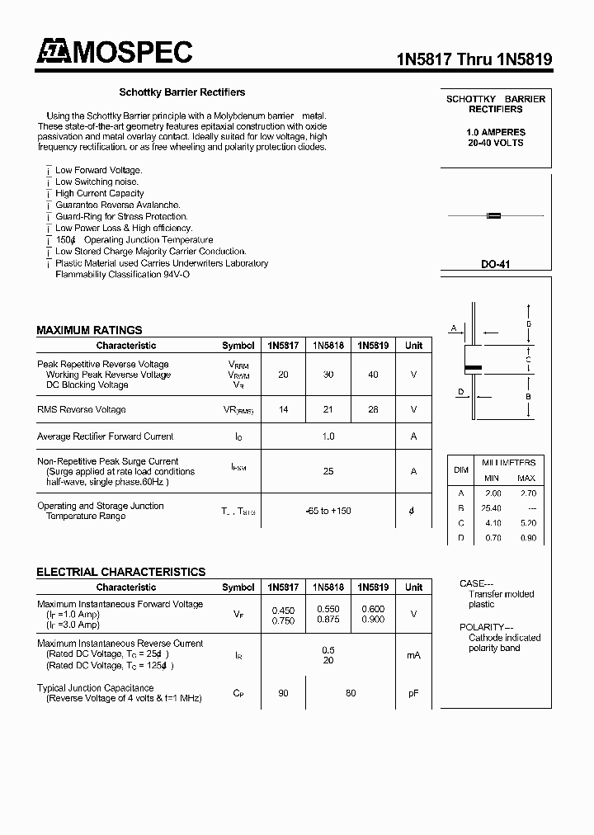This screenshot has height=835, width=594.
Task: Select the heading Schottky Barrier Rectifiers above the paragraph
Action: click(182, 92)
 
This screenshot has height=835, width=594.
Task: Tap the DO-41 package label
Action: click(496, 264)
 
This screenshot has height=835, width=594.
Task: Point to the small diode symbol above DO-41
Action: click(494, 216)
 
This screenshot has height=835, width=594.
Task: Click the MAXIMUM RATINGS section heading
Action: click(89, 330)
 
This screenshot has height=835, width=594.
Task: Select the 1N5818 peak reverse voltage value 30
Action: click(328, 375)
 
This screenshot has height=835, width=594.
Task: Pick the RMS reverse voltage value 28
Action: click(373, 409)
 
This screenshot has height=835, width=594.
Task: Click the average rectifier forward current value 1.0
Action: click(328, 436)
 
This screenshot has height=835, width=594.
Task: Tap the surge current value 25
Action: click(328, 471)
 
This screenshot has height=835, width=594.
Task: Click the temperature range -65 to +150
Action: click(328, 511)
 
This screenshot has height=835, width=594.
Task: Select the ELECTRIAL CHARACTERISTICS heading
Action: click(120, 572)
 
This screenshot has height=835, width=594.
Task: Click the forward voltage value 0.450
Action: click(283, 610)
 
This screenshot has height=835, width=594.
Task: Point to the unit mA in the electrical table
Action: click(413, 655)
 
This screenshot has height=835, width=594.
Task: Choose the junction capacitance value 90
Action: click(283, 694)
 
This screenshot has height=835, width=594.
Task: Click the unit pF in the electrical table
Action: click(413, 694)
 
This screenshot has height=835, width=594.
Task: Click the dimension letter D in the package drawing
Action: click(461, 392)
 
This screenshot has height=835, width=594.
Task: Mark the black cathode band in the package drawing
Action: click(473, 367)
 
